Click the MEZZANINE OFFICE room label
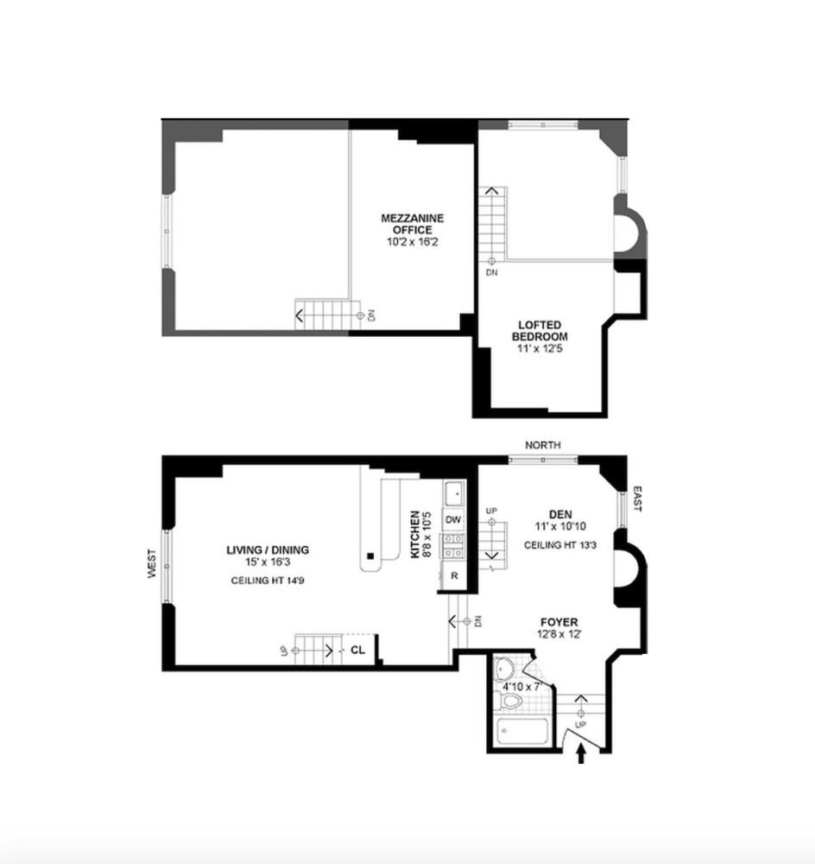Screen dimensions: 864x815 pos(413,225)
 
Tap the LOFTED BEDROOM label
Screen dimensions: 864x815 pos(539,330)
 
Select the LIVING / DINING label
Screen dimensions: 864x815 pos(268,550)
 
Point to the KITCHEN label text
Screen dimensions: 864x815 pos(416,534)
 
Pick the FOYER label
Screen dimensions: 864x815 pos(559,622)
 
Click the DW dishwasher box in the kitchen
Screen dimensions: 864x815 pos(453,519)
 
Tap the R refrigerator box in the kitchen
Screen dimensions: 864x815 pos(453,575)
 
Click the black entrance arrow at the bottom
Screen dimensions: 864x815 pos(580,756)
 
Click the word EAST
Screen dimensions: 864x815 pos(637,499)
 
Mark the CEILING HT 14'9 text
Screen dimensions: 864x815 pos(268,581)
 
